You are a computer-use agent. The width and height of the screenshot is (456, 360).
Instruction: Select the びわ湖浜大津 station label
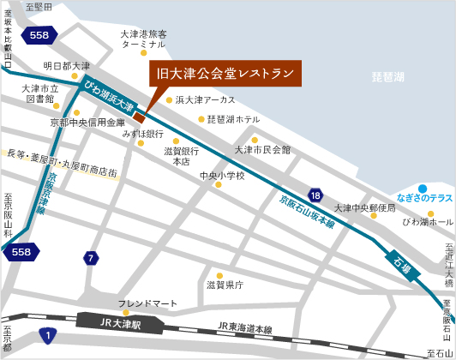(109, 95)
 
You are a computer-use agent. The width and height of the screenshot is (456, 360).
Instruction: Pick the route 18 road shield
(316, 196)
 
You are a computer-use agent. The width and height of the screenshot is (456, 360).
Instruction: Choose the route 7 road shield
(91, 258)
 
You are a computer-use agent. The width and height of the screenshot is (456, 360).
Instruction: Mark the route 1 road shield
(49, 334)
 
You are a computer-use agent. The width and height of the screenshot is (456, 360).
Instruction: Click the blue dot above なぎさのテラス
(422, 188)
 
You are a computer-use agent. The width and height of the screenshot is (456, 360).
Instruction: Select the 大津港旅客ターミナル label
(143, 39)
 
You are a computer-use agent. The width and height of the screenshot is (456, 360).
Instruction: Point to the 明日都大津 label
(67, 66)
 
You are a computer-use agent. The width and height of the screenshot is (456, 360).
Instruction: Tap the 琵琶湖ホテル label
(234, 119)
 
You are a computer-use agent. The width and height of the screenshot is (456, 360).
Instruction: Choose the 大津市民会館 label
(262, 150)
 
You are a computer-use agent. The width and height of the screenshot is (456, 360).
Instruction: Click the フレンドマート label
(147, 303)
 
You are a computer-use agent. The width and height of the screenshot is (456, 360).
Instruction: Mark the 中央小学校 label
(221, 176)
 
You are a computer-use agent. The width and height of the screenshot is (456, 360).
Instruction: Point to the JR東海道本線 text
(244, 327)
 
